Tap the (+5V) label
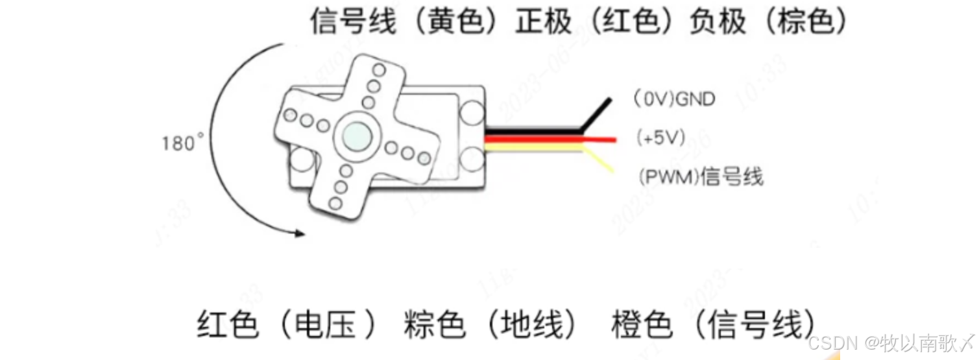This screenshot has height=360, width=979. pyautogui.click(x=661, y=138)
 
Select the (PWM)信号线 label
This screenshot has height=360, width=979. pyautogui.click(x=700, y=176)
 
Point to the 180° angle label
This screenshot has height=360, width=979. pyautogui.click(x=182, y=142)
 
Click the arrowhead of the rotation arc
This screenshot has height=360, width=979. pyautogui.click(x=299, y=233)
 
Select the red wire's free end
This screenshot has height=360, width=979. pyautogui.click(x=613, y=139)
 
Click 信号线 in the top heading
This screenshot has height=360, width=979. pyautogui.click(x=352, y=22)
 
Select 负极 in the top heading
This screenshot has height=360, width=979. pyautogui.click(x=717, y=22)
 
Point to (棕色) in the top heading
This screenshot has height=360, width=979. pyautogui.click(x=804, y=22)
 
